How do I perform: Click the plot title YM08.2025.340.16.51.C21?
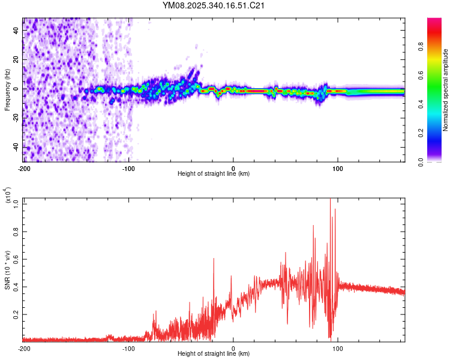click(x=214, y=5)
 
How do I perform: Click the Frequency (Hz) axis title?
click(x=7, y=90)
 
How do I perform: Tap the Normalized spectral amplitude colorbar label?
click(x=446, y=90)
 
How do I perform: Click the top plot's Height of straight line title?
click(x=214, y=173)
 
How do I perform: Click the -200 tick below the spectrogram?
click(x=24, y=169)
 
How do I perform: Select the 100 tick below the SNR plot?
click(x=338, y=349)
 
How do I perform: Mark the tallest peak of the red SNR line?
click(x=330, y=199)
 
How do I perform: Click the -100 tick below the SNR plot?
click(x=128, y=349)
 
